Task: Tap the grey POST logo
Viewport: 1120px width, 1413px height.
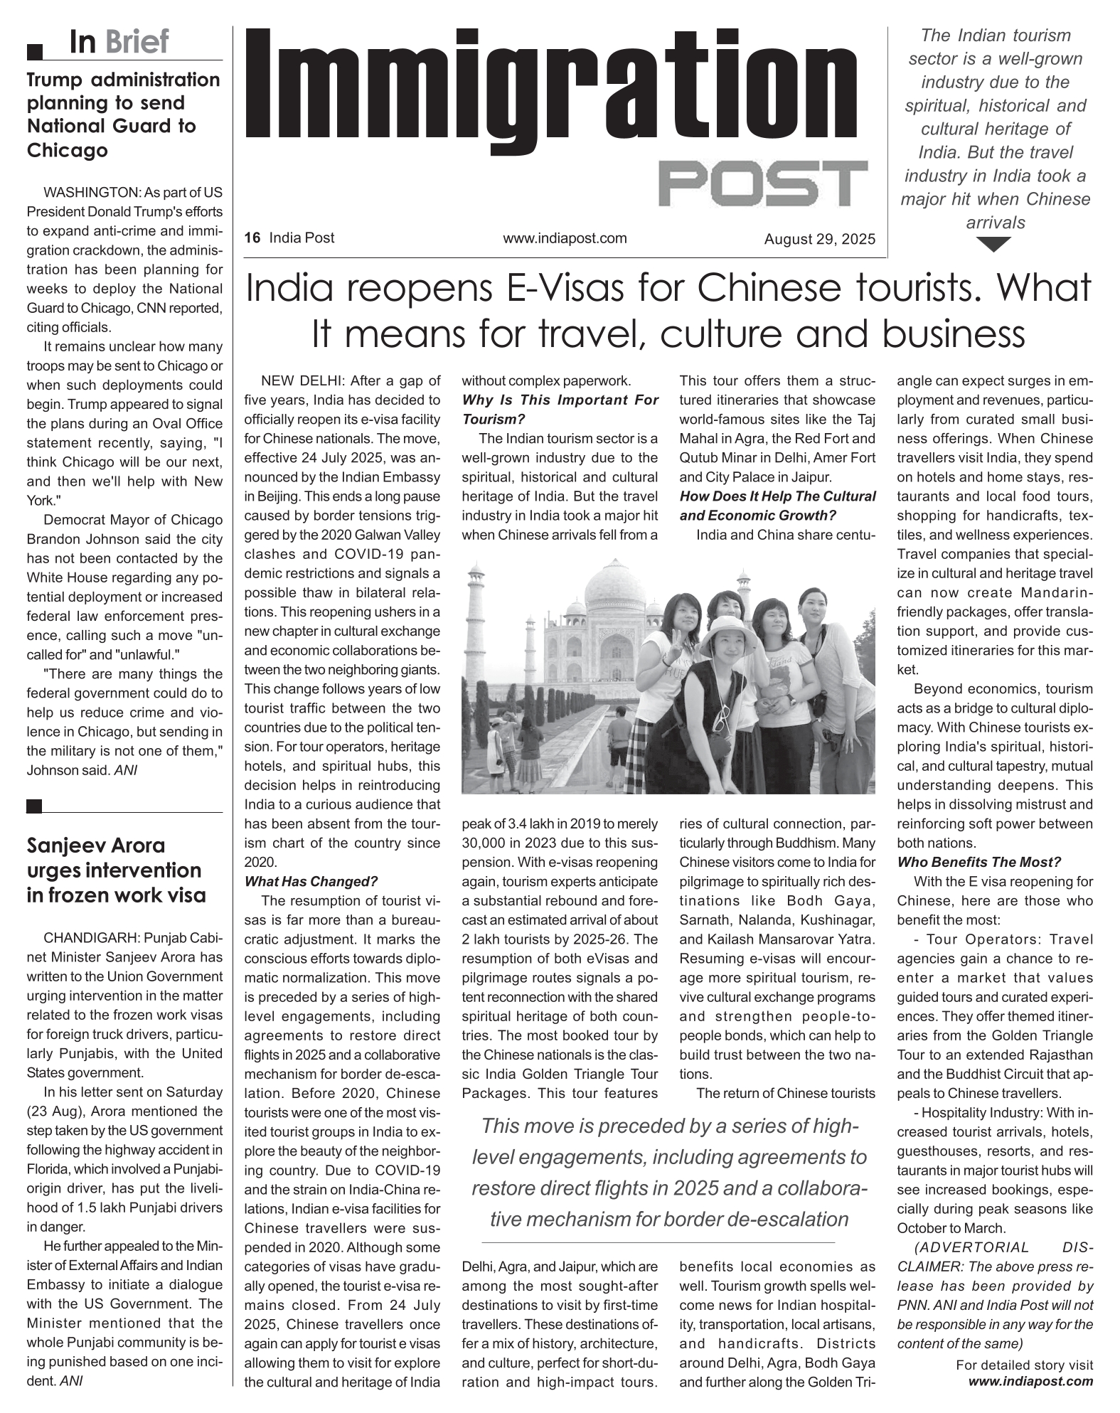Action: pyautogui.click(x=763, y=183)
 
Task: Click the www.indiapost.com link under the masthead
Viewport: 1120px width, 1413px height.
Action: pyautogui.click(x=565, y=238)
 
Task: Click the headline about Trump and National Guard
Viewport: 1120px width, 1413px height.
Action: pyautogui.click(x=123, y=114)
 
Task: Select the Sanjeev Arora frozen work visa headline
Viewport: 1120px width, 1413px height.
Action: pyautogui.click(x=116, y=870)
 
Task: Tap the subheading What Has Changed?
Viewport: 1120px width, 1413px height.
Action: pyautogui.click(x=311, y=882)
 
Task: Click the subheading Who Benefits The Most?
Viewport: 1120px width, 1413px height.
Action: pyautogui.click(x=978, y=863)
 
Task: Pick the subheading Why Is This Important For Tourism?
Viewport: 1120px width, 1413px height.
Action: pyautogui.click(x=560, y=410)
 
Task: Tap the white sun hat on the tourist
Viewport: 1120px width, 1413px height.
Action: pyautogui.click(x=730, y=630)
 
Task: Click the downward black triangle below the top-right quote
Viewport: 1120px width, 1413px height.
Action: pyautogui.click(x=994, y=245)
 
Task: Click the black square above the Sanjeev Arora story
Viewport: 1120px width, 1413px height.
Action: pyautogui.click(x=33, y=805)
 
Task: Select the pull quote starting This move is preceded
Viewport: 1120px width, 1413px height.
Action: pyautogui.click(x=668, y=1172)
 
